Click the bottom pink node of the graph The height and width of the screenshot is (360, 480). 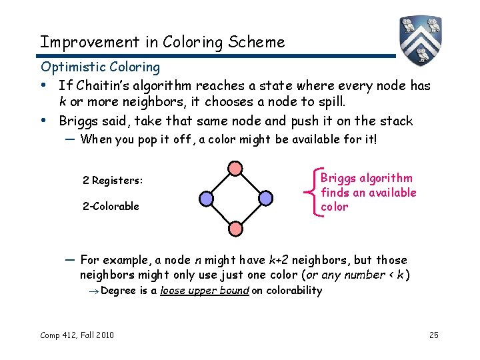235,228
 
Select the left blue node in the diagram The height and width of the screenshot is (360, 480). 206,198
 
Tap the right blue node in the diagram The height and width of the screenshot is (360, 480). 265,198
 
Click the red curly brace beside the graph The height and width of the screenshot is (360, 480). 313,192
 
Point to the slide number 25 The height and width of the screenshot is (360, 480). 433,334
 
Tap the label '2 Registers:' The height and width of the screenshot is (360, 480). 113,181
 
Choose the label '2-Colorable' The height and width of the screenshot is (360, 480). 111,206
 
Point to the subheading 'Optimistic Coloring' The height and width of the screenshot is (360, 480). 100,67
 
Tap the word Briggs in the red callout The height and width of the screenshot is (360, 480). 338,178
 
